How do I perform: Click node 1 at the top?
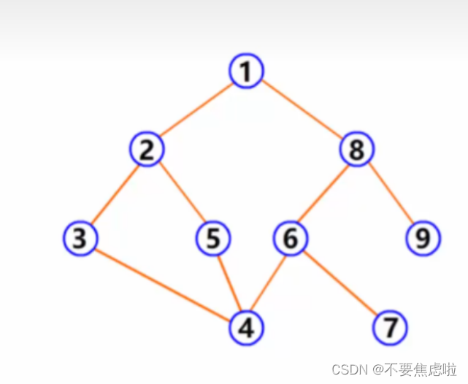[x=246, y=72]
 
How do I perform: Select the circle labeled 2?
[x=147, y=150]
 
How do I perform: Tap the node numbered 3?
[x=80, y=238]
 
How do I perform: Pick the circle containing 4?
[x=246, y=328]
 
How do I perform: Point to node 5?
[x=213, y=238]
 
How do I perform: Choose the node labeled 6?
[x=291, y=238]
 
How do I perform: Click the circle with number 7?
[x=391, y=328]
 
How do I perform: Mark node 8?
[x=356, y=150]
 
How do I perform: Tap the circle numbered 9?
[x=423, y=238]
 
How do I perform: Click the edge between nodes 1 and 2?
[x=196, y=111]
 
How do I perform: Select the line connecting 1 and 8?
[x=301, y=111]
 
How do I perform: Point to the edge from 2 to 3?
[x=113, y=195]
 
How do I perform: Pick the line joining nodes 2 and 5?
[x=180, y=195]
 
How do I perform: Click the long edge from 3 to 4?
[x=163, y=283]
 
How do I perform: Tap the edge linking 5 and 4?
[x=229, y=283]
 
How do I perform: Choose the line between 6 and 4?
[x=269, y=283]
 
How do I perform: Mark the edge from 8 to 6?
[x=323, y=195]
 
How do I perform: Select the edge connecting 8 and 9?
[x=390, y=195]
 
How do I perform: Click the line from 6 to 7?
[x=340, y=283]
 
